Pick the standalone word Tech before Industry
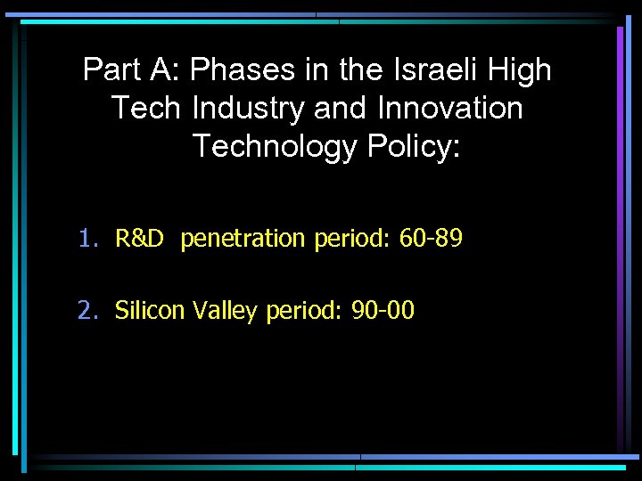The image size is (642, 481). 147,109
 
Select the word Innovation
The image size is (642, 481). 450,109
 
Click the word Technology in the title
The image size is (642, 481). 274,146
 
